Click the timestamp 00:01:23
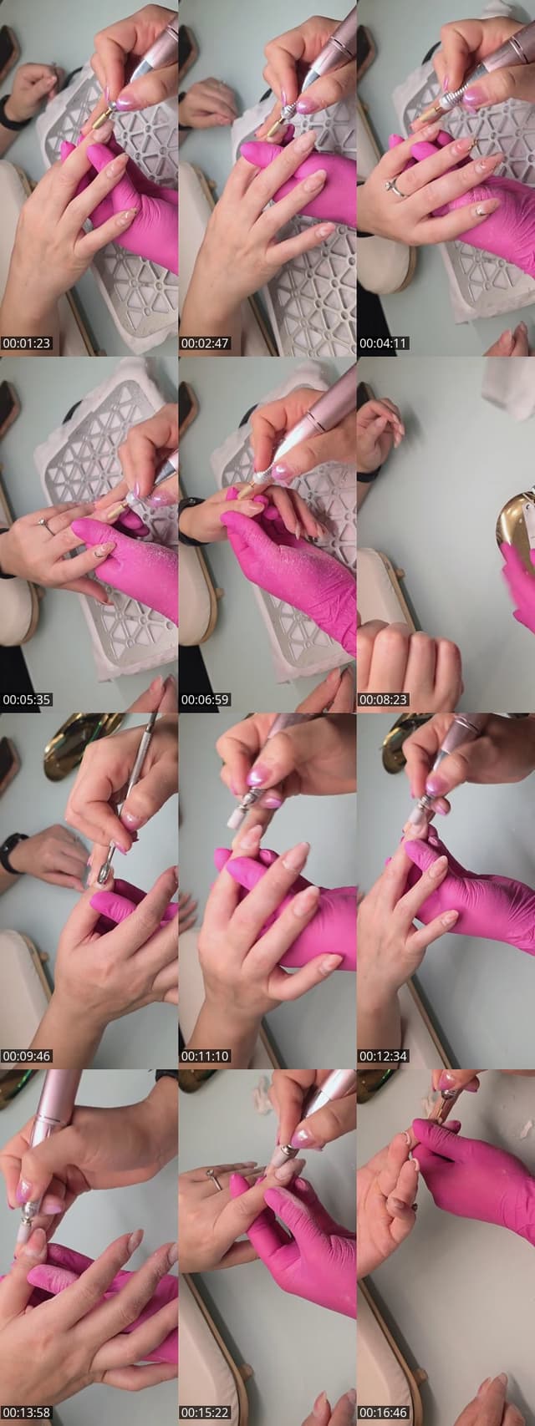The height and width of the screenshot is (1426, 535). click(x=26, y=343)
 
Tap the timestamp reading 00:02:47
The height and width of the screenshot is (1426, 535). click(x=205, y=343)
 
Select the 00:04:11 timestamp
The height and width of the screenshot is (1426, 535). click(x=384, y=343)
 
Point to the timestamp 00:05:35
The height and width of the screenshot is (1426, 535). click(x=26, y=699)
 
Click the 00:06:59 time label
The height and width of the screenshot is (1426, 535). click(x=205, y=699)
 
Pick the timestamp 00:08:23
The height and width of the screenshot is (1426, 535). click(x=384, y=699)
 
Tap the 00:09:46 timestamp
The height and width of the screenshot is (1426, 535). click(x=26, y=1056)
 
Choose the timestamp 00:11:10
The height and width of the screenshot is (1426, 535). click(x=205, y=1056)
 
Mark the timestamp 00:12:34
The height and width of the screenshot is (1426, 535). click(x=384, y=1056)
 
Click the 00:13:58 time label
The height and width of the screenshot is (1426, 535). click(x=26, y=1413)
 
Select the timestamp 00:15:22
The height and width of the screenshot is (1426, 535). click(x=205, y=1413)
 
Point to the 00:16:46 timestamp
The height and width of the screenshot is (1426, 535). click(x=384, y=1413)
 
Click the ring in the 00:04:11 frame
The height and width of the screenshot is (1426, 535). click(x=393, y=186)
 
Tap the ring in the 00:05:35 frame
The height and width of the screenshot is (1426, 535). click(x=47, y=525)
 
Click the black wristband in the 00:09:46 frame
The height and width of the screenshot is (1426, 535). click(x=9, y=852)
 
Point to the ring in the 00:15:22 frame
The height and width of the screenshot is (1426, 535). click(x=214, y=1179)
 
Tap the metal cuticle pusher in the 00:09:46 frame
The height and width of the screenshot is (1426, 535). click(x=125, y=801)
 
